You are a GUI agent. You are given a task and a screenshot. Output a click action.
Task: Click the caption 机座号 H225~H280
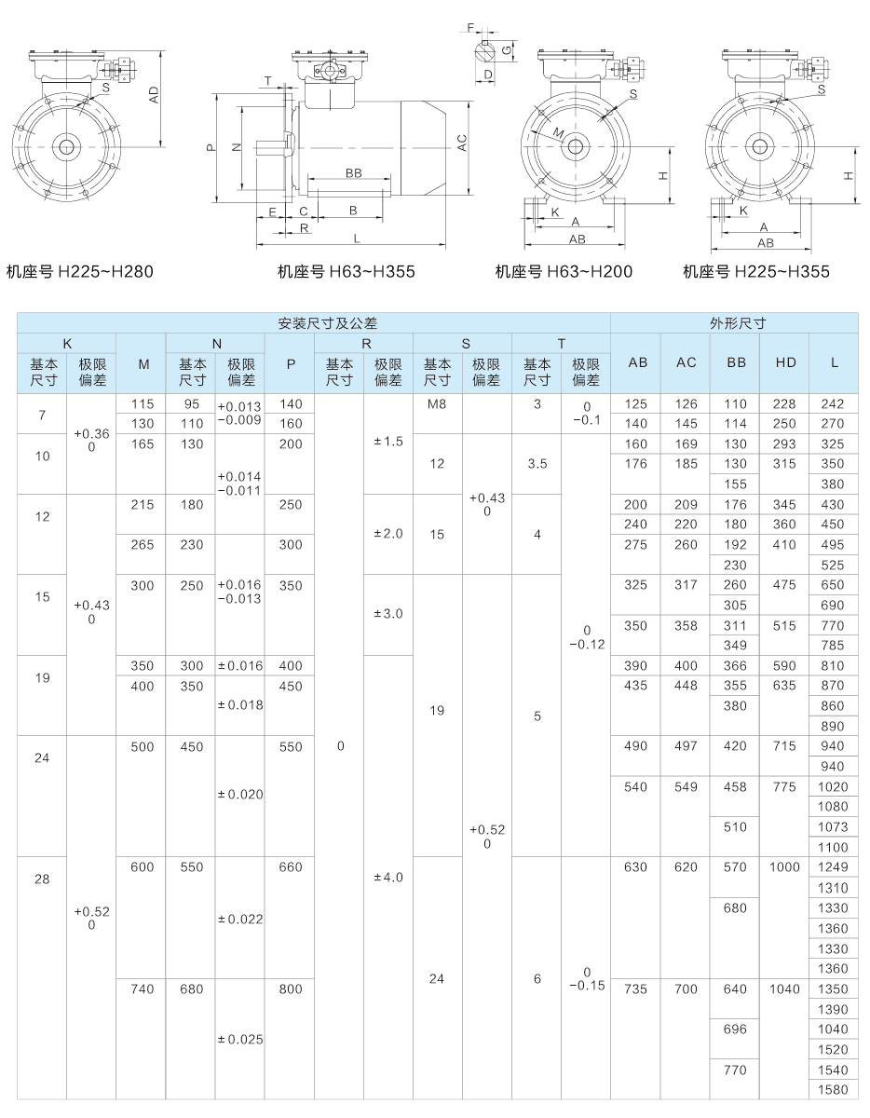pyautogui.click(x=79, y=272)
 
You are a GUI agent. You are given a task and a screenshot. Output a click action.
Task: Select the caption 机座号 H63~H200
pyautogui.click(x=564, y=272)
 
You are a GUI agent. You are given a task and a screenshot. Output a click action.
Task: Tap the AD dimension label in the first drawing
pyautogui.click(x=156, y=94)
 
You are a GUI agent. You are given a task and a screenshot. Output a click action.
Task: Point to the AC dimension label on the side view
pyautogui.click(x=462, y=143)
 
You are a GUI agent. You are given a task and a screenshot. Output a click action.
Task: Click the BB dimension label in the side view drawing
pyautogui.click(x=353, y=174)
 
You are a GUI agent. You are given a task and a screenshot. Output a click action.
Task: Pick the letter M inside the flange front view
pyautogui.click(x=558, y=133)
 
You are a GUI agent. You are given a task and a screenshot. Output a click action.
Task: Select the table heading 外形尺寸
pyautogui.click(x=737, y=323)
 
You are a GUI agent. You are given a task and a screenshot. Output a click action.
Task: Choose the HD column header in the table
pyautogui.click(x=784, y=362)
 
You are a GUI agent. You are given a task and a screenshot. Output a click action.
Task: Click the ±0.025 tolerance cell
pyautogui.click(x=240, y=1039)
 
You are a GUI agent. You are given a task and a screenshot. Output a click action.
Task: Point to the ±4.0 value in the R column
pyautogui.click(x=388, y=877)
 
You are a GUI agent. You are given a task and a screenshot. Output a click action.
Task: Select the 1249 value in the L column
pyautogui.click(x=834, y=866)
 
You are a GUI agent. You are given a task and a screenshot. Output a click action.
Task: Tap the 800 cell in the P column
pyautogui.click(x=290, y=988)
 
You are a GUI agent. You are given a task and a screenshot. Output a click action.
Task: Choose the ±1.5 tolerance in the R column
pyautogui.click(x=388, y=440)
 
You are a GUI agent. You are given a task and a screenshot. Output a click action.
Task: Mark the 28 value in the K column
pyautogui.click(x=42, y=879)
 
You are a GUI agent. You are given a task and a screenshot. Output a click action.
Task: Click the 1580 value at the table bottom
pyautogui.click(x=834, y=1090)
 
